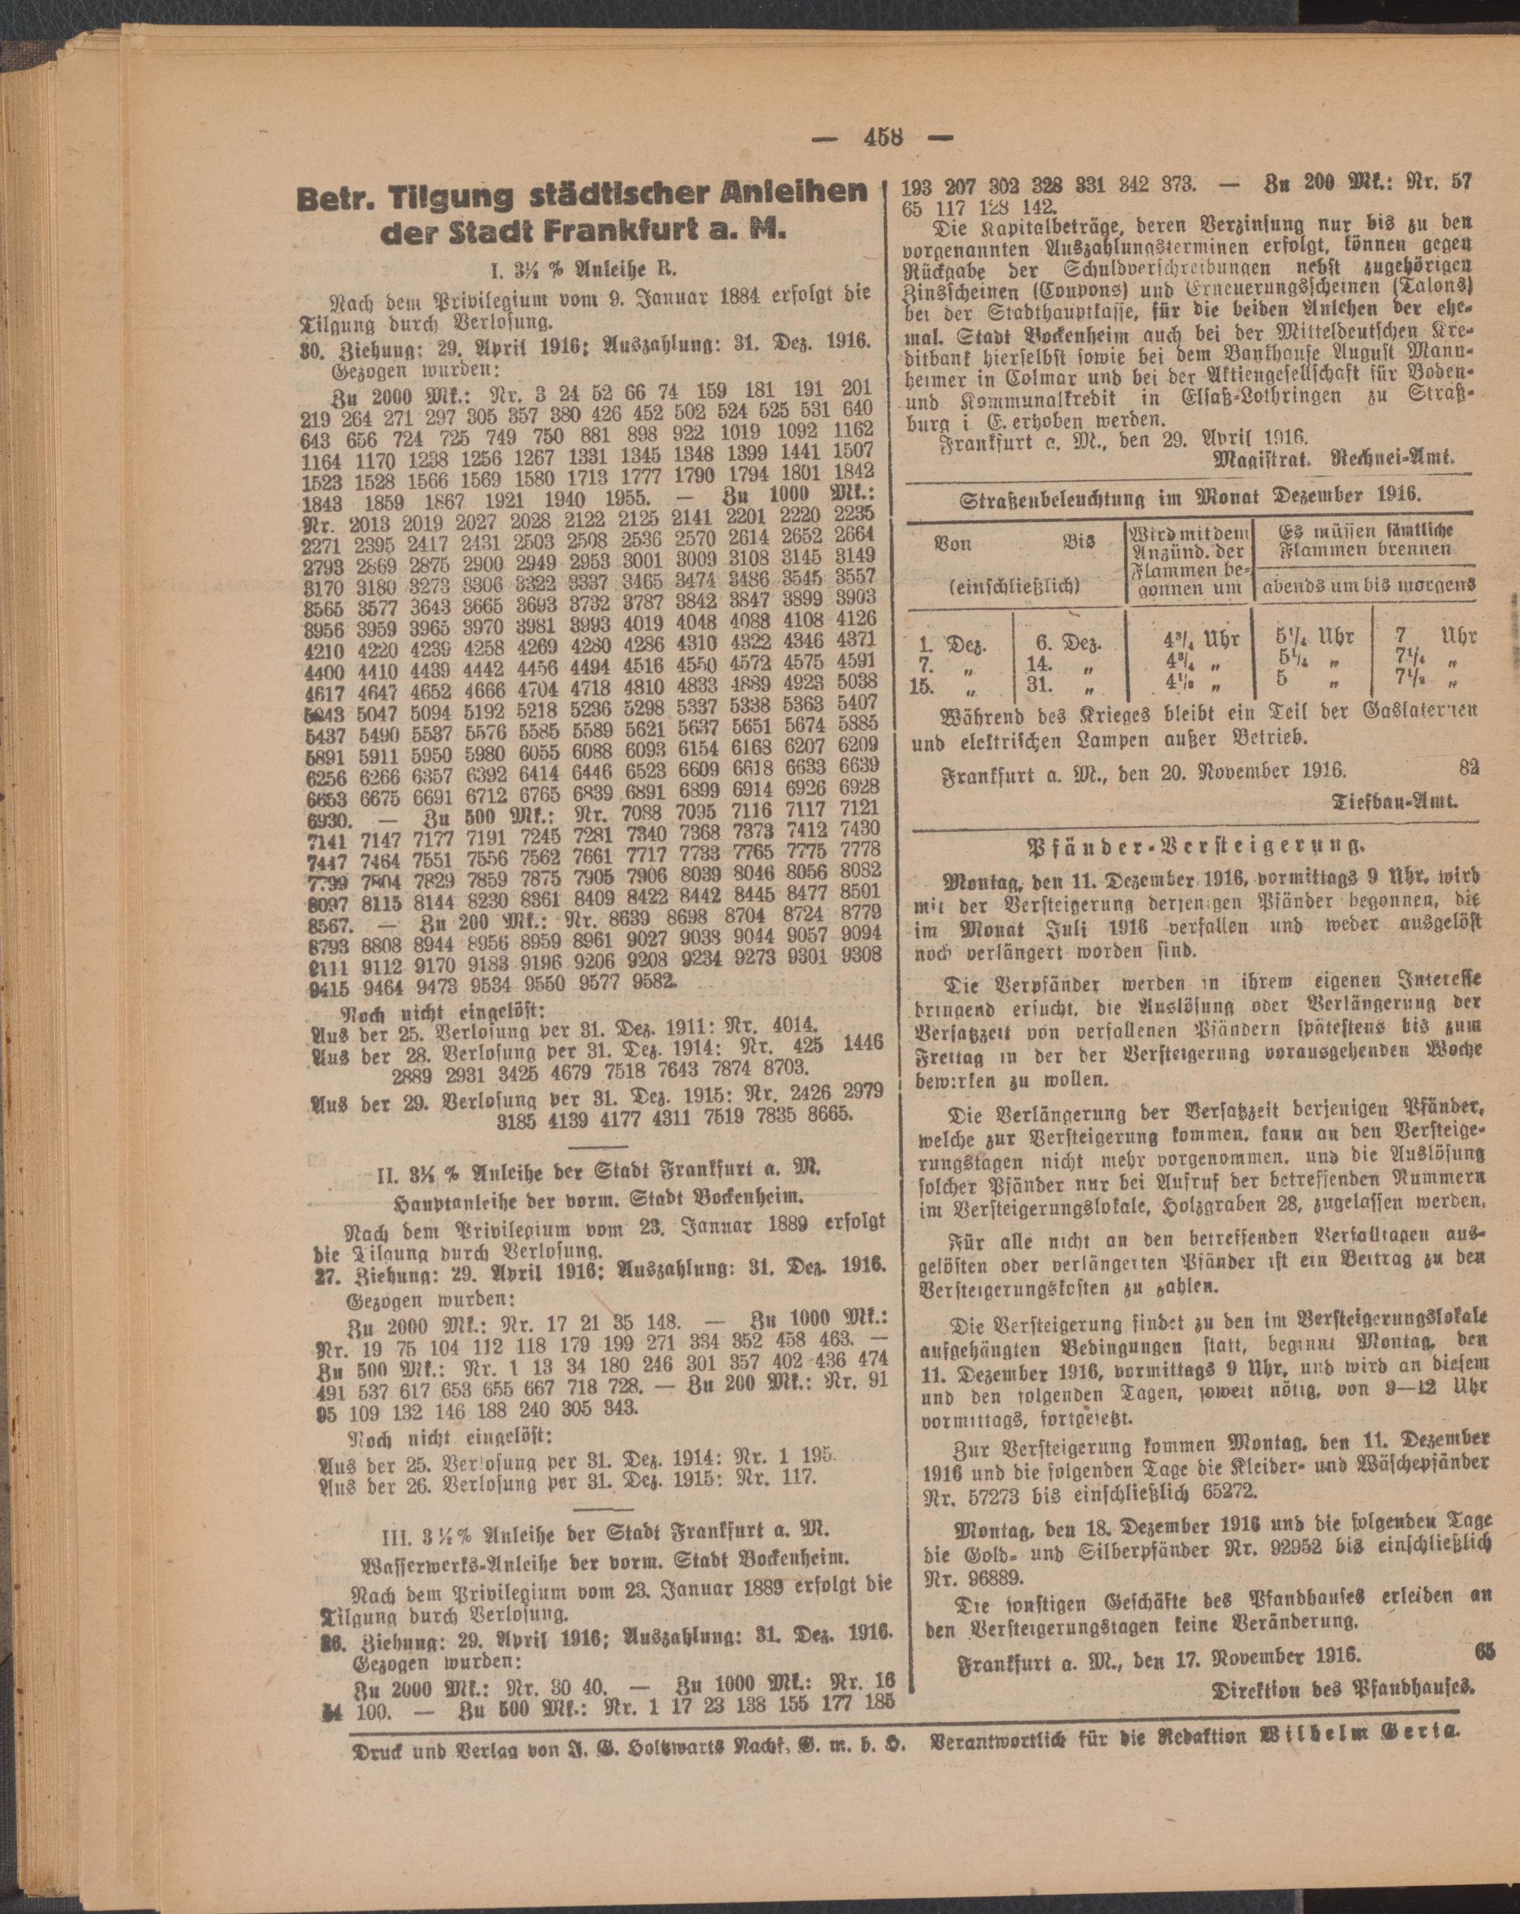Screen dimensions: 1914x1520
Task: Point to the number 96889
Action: (998, 1578)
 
